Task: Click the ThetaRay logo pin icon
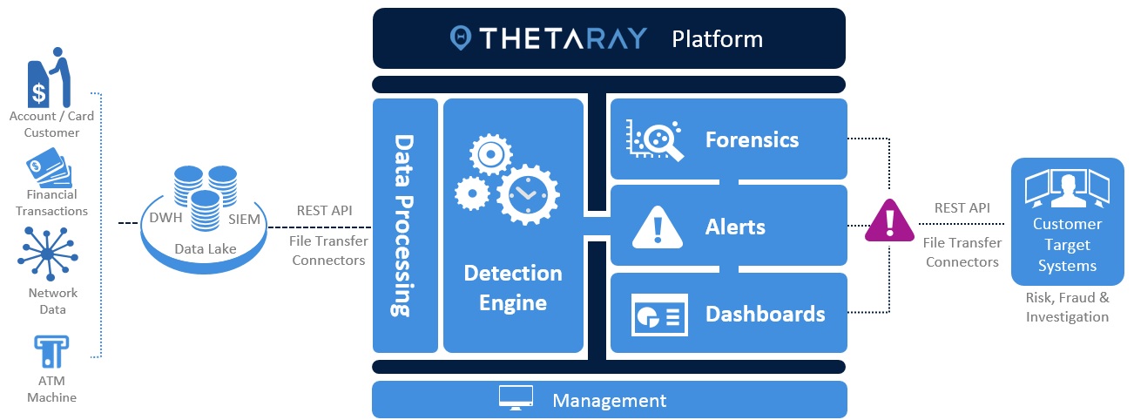[461, 37]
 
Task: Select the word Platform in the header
[717, 39]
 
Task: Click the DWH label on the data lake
[166, 218]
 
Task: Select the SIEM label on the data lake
[243, 219]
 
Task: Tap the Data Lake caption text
[205, 249]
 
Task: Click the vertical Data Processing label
[403, 225]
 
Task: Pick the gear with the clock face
[526, 193]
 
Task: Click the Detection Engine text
[512, 288]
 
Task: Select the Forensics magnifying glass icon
[656, 139]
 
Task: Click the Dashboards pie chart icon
[658, 314]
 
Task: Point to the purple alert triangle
[888, 221]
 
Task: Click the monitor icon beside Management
[516, 399]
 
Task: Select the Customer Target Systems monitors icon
[1067, 189]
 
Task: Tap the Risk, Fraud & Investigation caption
[1067, 307]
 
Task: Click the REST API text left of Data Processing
[325, 210]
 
